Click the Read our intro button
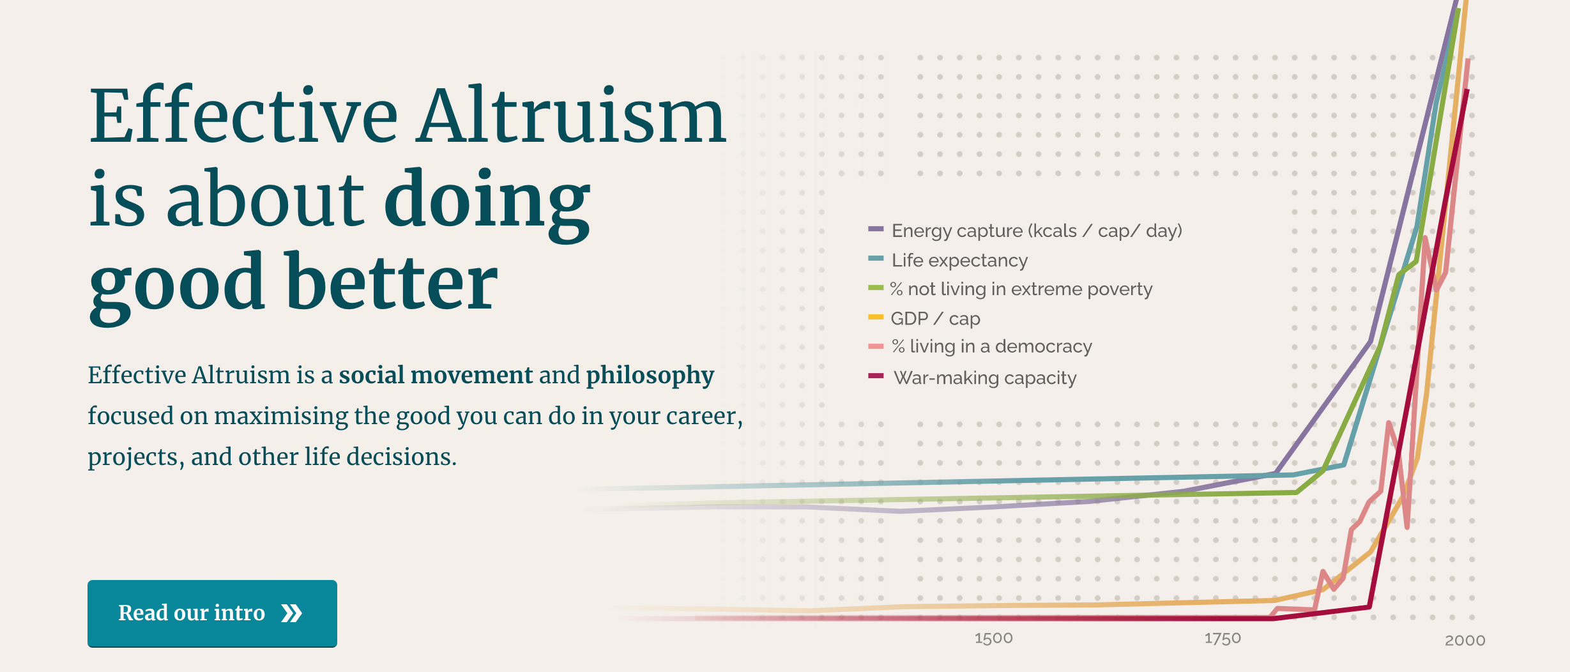(212, 613)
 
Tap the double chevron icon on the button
(292, 613)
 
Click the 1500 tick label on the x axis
(993, 638)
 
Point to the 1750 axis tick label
(1223, 638)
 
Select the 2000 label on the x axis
(1465, 640)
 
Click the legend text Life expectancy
(959, 261)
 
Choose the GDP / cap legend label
(935, 318)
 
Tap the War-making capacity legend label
(985, 378)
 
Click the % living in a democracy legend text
(992, 346)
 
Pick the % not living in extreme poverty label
(1021, 289)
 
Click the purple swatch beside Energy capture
(876, 229)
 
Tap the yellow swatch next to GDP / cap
(876, 317)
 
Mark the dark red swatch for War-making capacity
(876, 376)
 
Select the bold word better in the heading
(392, 281)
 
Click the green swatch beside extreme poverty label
(876, 287)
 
